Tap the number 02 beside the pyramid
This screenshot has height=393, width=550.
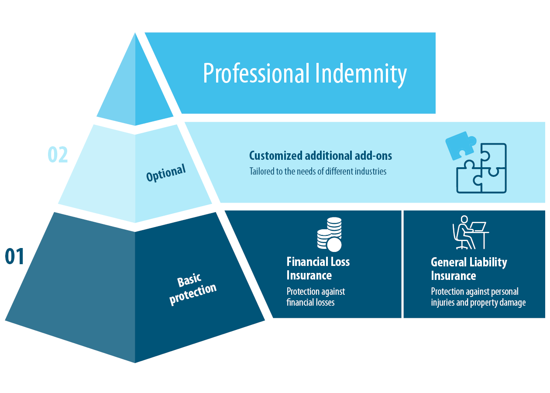pos(58,155)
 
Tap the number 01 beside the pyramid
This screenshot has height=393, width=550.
pos(15,257)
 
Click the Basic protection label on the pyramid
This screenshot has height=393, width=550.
pos(192,288)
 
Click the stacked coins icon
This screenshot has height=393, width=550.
pos(330,235)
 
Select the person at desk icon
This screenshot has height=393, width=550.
pos(470,232)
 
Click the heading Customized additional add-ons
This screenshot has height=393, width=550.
pos(320,155)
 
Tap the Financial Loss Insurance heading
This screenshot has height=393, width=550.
pos(318,269)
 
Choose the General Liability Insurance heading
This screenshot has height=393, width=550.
pos(469,269)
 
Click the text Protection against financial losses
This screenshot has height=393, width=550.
pos(316,296)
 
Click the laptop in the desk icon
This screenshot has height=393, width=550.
pos(479,227)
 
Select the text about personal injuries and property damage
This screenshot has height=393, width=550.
pos(478,297)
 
